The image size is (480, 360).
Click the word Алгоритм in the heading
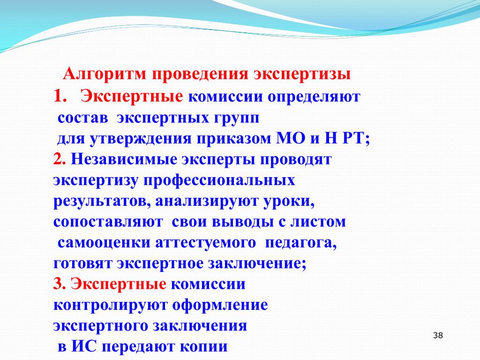pos(105,75)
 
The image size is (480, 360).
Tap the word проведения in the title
pos(200,75)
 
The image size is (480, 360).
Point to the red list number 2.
pos(60,159)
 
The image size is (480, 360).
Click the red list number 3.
pos(60,284)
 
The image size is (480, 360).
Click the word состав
pos(82,118)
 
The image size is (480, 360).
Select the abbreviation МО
pos(291,138)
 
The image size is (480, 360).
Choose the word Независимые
pos(124,159)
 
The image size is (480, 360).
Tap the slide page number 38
pos(438,336)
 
